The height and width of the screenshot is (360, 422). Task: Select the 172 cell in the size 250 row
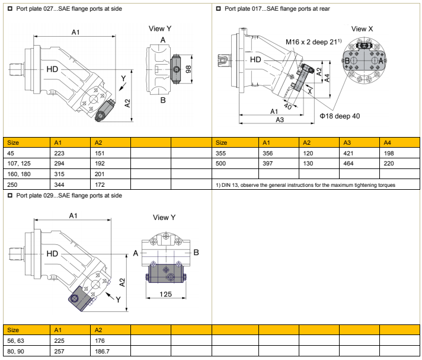(100, 185)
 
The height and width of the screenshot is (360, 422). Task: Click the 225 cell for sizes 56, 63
(59, 340)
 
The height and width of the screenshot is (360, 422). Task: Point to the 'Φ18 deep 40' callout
(340, 116)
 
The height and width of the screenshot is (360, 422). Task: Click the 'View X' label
(362, 28)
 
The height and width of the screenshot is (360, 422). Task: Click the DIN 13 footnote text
(306, 185)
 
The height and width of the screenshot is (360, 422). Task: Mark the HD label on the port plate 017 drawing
(255, 60)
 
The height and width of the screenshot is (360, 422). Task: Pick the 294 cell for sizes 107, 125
(59, 163)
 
